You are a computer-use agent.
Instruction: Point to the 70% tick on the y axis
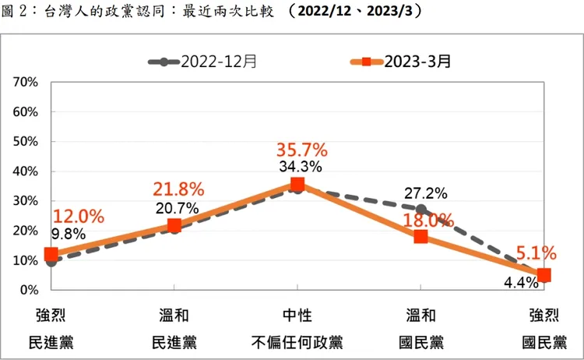pos(26,82)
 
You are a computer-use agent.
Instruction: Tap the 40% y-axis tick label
pos(26,171)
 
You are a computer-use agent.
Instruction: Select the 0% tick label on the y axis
pos(29,290)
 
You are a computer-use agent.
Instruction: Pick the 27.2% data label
pos(425,192)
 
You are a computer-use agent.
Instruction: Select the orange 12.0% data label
pos(78,216)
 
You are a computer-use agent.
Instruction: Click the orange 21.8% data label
pos(178,189)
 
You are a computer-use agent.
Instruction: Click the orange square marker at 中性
pos(297,185)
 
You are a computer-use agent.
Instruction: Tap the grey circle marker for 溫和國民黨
pos(421,209)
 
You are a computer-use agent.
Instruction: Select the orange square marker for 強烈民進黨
pos(51,254)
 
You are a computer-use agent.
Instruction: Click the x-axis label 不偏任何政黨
pos(297,342)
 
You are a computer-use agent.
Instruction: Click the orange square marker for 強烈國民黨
pos(544,275)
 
